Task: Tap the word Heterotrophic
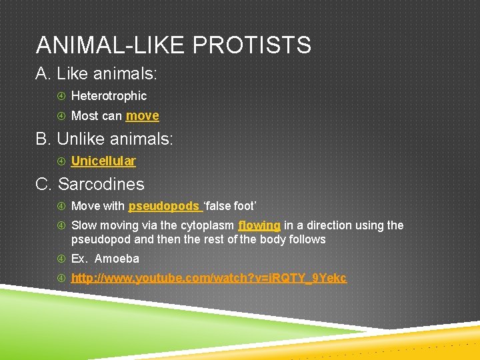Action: click(x=109, y=96)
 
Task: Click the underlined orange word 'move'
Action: click(x=143, y=116)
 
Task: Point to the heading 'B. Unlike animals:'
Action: click(x=104, y=139)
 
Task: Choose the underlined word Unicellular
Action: click(x=103, y=161)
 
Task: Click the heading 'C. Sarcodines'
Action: click(x=90, y=184)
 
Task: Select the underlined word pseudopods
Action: click(x=164, y=206)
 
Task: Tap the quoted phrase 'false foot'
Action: click(x=230, y=206)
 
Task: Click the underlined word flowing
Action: click(x=259, y=225)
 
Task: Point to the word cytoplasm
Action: click(x=207, y=225)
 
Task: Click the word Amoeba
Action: click(x=117, y=259)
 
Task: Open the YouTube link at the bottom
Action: click(x=209, y=278)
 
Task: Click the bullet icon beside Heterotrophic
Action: click(x=61, y=96)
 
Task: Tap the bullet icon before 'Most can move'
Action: click(x=61, y=116)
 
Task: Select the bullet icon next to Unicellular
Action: click(x=61, y=161)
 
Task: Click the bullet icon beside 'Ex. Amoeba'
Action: click(x=61, y=259)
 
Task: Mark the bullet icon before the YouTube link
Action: click(x=61, y=278)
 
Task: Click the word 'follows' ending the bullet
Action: click(x=307, y=239)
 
